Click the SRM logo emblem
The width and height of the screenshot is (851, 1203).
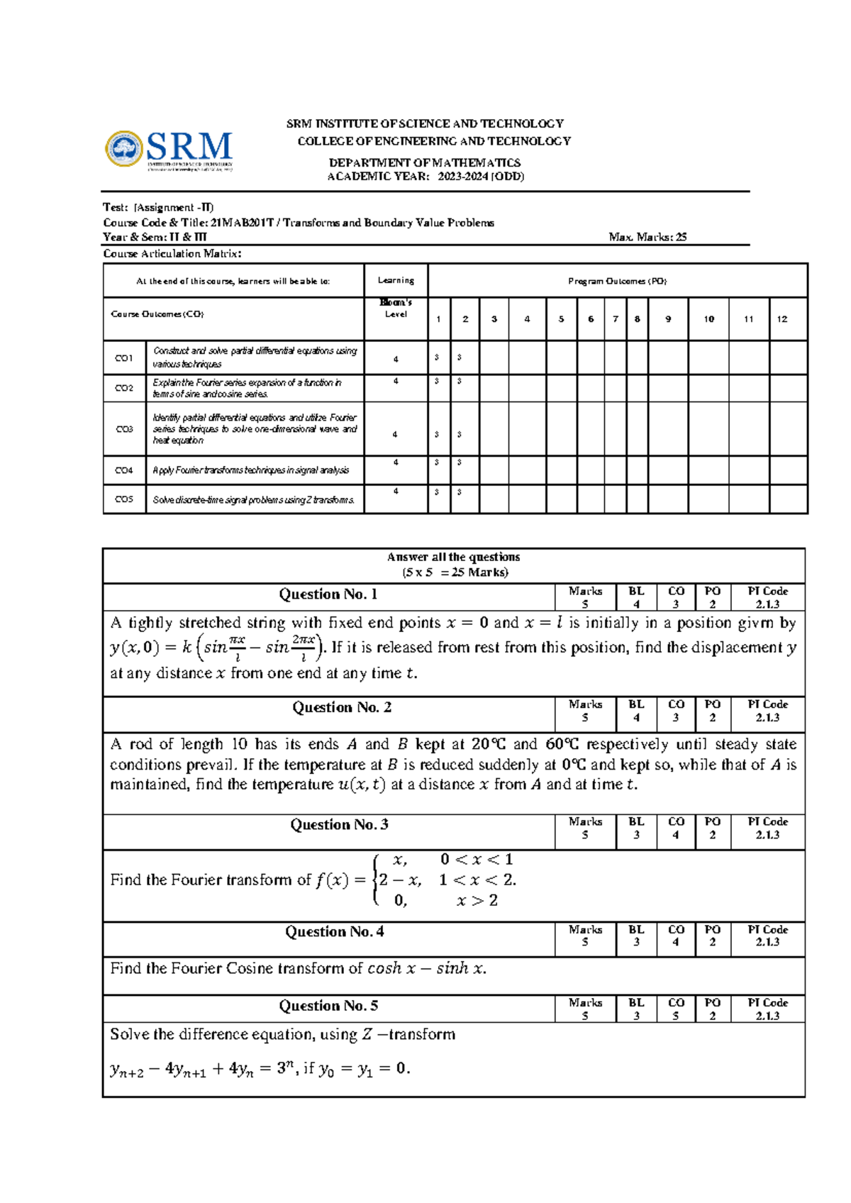pos(124,149)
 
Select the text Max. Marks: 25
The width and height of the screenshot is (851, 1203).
pos(647,237)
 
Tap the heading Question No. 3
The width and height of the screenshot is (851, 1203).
pos(339,824)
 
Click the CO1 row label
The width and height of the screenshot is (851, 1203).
pos(124,358)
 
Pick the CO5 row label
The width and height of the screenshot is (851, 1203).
pos(124,499)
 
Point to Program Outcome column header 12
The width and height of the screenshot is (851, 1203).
pos(782,319)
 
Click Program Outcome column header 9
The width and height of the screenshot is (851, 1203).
pos(668,319)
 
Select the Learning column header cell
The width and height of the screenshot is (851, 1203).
pos(396,280)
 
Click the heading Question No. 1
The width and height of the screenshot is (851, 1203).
pos(328,594)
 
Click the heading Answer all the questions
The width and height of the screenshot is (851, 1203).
pos(454,558)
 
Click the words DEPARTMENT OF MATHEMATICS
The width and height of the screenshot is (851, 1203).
pos(424,162)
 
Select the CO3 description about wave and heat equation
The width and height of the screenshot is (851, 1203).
pos(255,429)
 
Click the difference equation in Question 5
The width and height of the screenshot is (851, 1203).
pos(260,1068)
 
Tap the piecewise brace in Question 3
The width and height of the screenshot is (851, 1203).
pos(375,880)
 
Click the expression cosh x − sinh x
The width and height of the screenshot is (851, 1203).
pos(426,968)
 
